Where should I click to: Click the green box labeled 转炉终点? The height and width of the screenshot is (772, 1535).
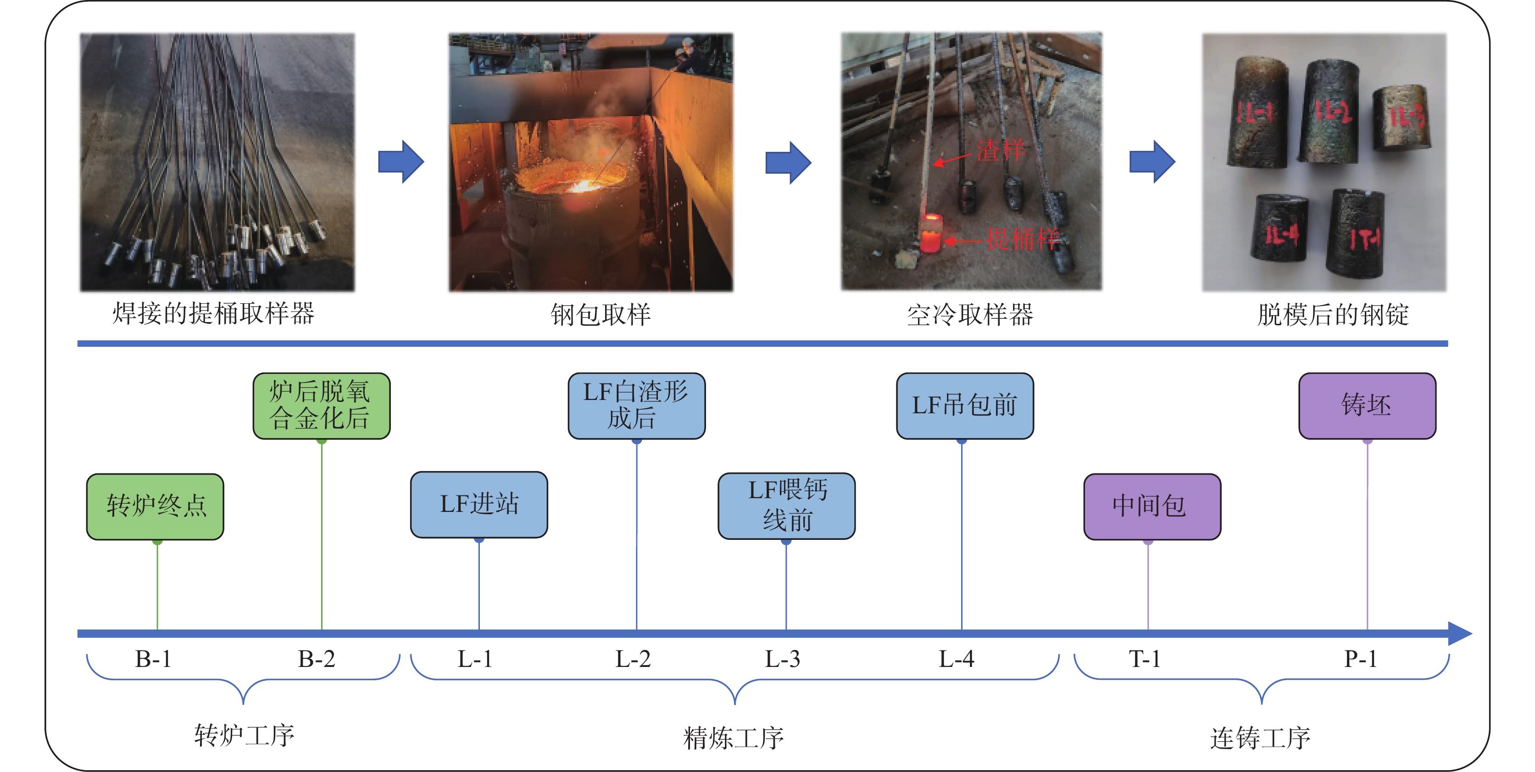tap(155, 506)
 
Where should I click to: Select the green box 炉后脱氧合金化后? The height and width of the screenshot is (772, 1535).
tap(321, 405)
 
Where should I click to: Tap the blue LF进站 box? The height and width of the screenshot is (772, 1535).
tap(478, 505)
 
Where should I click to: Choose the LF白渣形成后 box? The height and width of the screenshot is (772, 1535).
tap(636, 405)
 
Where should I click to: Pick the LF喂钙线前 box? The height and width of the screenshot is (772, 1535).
tap(787, 506)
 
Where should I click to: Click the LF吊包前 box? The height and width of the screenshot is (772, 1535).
tap(965, 405)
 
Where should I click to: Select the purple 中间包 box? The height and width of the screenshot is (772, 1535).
tap(1152, 506)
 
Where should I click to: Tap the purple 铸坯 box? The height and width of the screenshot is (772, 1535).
tap(1367, 405)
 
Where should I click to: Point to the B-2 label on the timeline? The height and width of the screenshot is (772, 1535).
tap(317, 659)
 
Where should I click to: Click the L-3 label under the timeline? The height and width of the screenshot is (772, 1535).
tap(782, 659)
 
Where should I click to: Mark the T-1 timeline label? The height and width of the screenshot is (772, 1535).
tap(1145, 659)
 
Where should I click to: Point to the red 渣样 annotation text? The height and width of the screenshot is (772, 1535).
tap(1001, 150)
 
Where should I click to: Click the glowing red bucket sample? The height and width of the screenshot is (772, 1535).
tap(930, 233)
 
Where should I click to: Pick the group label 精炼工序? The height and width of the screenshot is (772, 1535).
tap(734, 738)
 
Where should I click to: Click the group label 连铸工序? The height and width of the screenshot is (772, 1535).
tap(1260, 738)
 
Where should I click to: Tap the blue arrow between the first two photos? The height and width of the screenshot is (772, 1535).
tap(401, 161)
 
